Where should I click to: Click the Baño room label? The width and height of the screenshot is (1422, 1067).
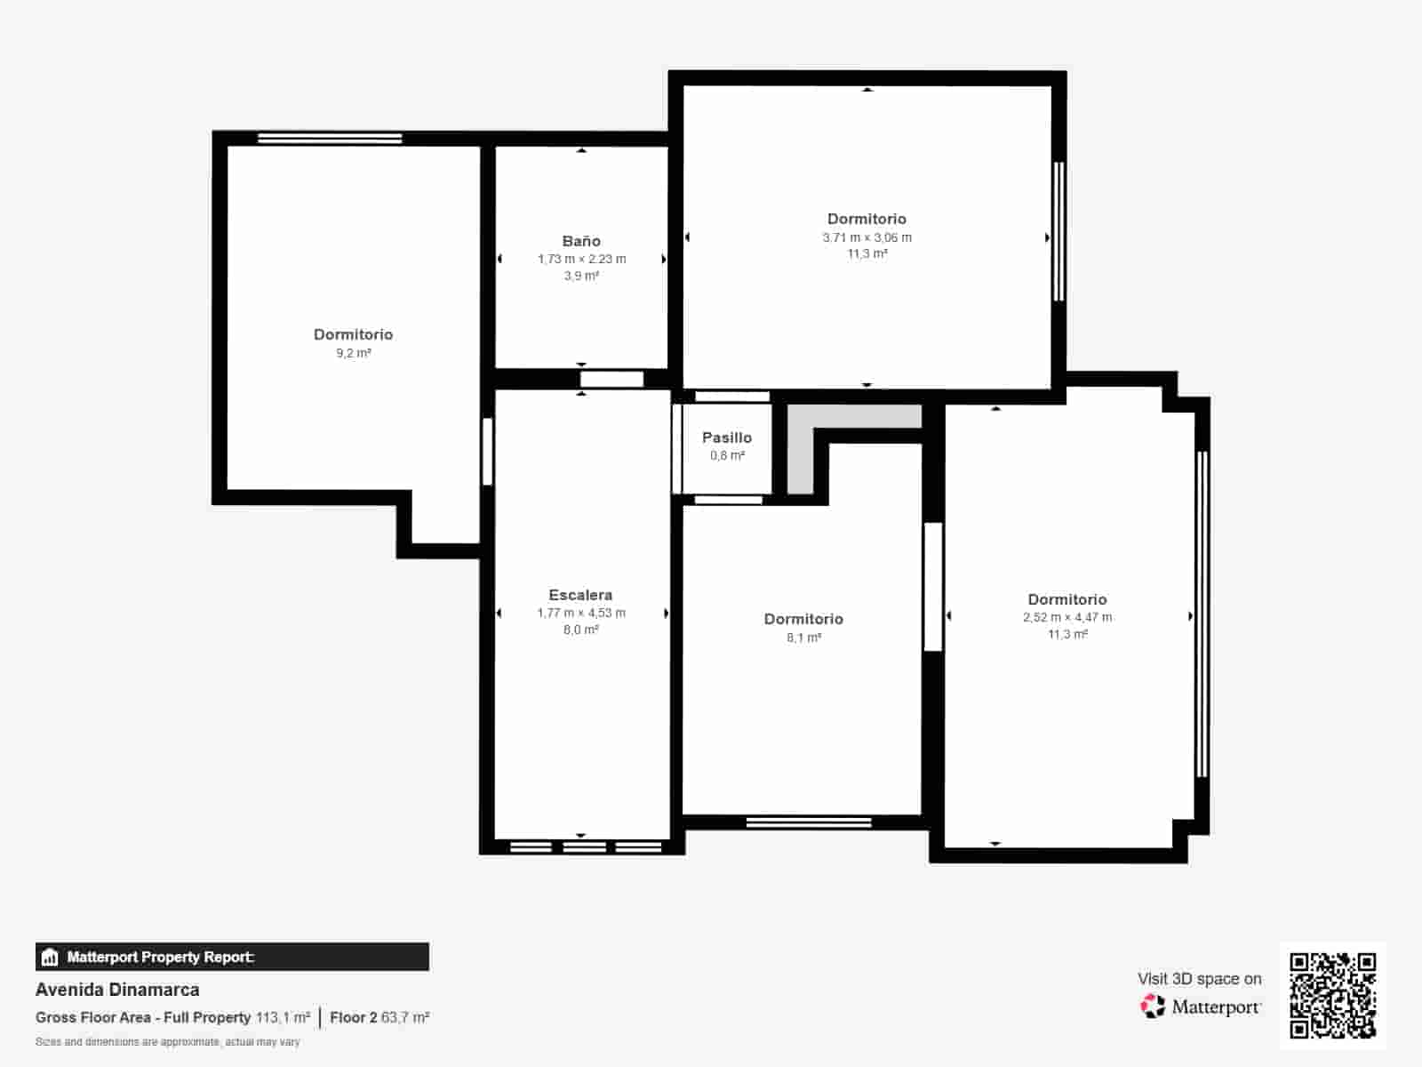(x=581, y=241)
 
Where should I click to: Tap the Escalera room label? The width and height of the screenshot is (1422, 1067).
(x=580, y=595)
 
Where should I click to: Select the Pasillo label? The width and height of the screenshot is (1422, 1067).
(x=727, y=437)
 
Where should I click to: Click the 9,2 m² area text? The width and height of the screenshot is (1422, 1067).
(x=353, y=353)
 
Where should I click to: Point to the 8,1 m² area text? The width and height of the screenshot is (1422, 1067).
(x=803, y=638)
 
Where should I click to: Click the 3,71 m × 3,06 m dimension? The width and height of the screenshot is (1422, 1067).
(x=867, y=237)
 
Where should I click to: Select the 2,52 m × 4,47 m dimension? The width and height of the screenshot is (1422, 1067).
(x=1066, y=617)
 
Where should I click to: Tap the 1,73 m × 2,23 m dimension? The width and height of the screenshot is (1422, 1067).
(x=581, y=259)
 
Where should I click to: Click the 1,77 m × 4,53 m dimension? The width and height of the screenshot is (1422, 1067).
(x=580, y=613)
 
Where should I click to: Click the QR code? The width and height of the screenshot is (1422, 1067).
(x=1332, y=995)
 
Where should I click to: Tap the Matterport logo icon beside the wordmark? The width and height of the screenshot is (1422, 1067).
(x=1153, y=1007)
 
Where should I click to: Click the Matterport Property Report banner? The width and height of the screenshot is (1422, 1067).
(x=232, y=957)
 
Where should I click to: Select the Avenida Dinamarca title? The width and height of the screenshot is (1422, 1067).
(x=117, y=990)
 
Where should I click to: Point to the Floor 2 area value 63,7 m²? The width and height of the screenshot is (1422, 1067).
(x=405, y=1017)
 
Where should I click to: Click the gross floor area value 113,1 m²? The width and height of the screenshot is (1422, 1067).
(x=283, y=1017)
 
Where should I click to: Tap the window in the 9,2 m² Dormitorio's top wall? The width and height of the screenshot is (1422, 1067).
(x=330, y=138)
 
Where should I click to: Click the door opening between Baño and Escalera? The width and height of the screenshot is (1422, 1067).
(x=611, y=380)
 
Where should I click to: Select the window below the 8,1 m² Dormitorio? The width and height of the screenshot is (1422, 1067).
(x=808, y=822)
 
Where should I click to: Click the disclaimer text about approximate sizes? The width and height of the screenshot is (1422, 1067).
(x=167, y=1042)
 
